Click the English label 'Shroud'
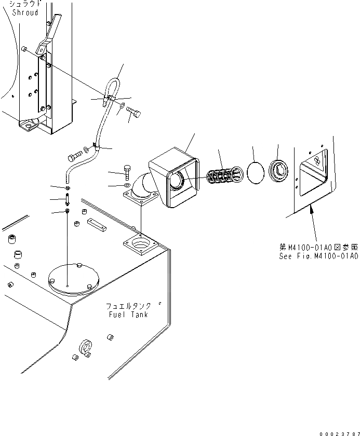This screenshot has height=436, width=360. (x=24, y=12)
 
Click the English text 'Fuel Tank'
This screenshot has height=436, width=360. (x=128, y=315)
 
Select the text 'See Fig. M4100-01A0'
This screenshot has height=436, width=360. (x=317, y=256)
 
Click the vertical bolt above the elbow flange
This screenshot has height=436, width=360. (x=129, y=172)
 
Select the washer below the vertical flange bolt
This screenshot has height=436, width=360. (x=128, y=185)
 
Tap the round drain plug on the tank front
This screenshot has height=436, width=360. (x=86, y=347)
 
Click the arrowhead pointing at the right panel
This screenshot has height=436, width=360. (x=311, y=209)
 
